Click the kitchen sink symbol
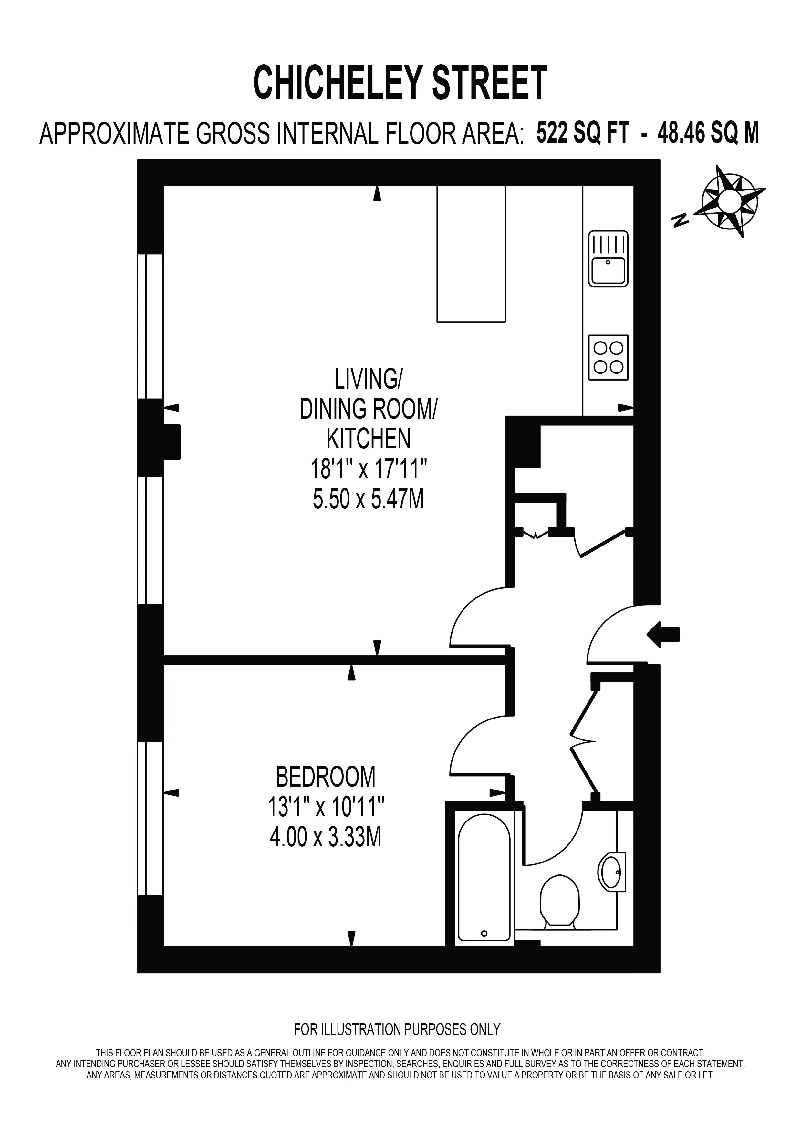(608, 259)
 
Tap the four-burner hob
(608, 357)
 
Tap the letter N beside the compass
(681, 220)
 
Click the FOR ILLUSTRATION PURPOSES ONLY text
(397, 1029)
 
